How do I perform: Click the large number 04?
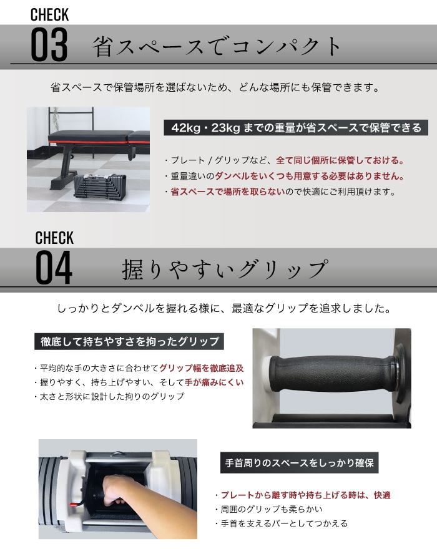[54, 268]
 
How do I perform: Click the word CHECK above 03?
[49, 14]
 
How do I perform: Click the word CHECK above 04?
[54, 238]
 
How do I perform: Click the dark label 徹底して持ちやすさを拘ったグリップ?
[129, 341]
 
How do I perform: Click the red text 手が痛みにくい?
[214, 382]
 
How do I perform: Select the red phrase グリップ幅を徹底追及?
[202, 367]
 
